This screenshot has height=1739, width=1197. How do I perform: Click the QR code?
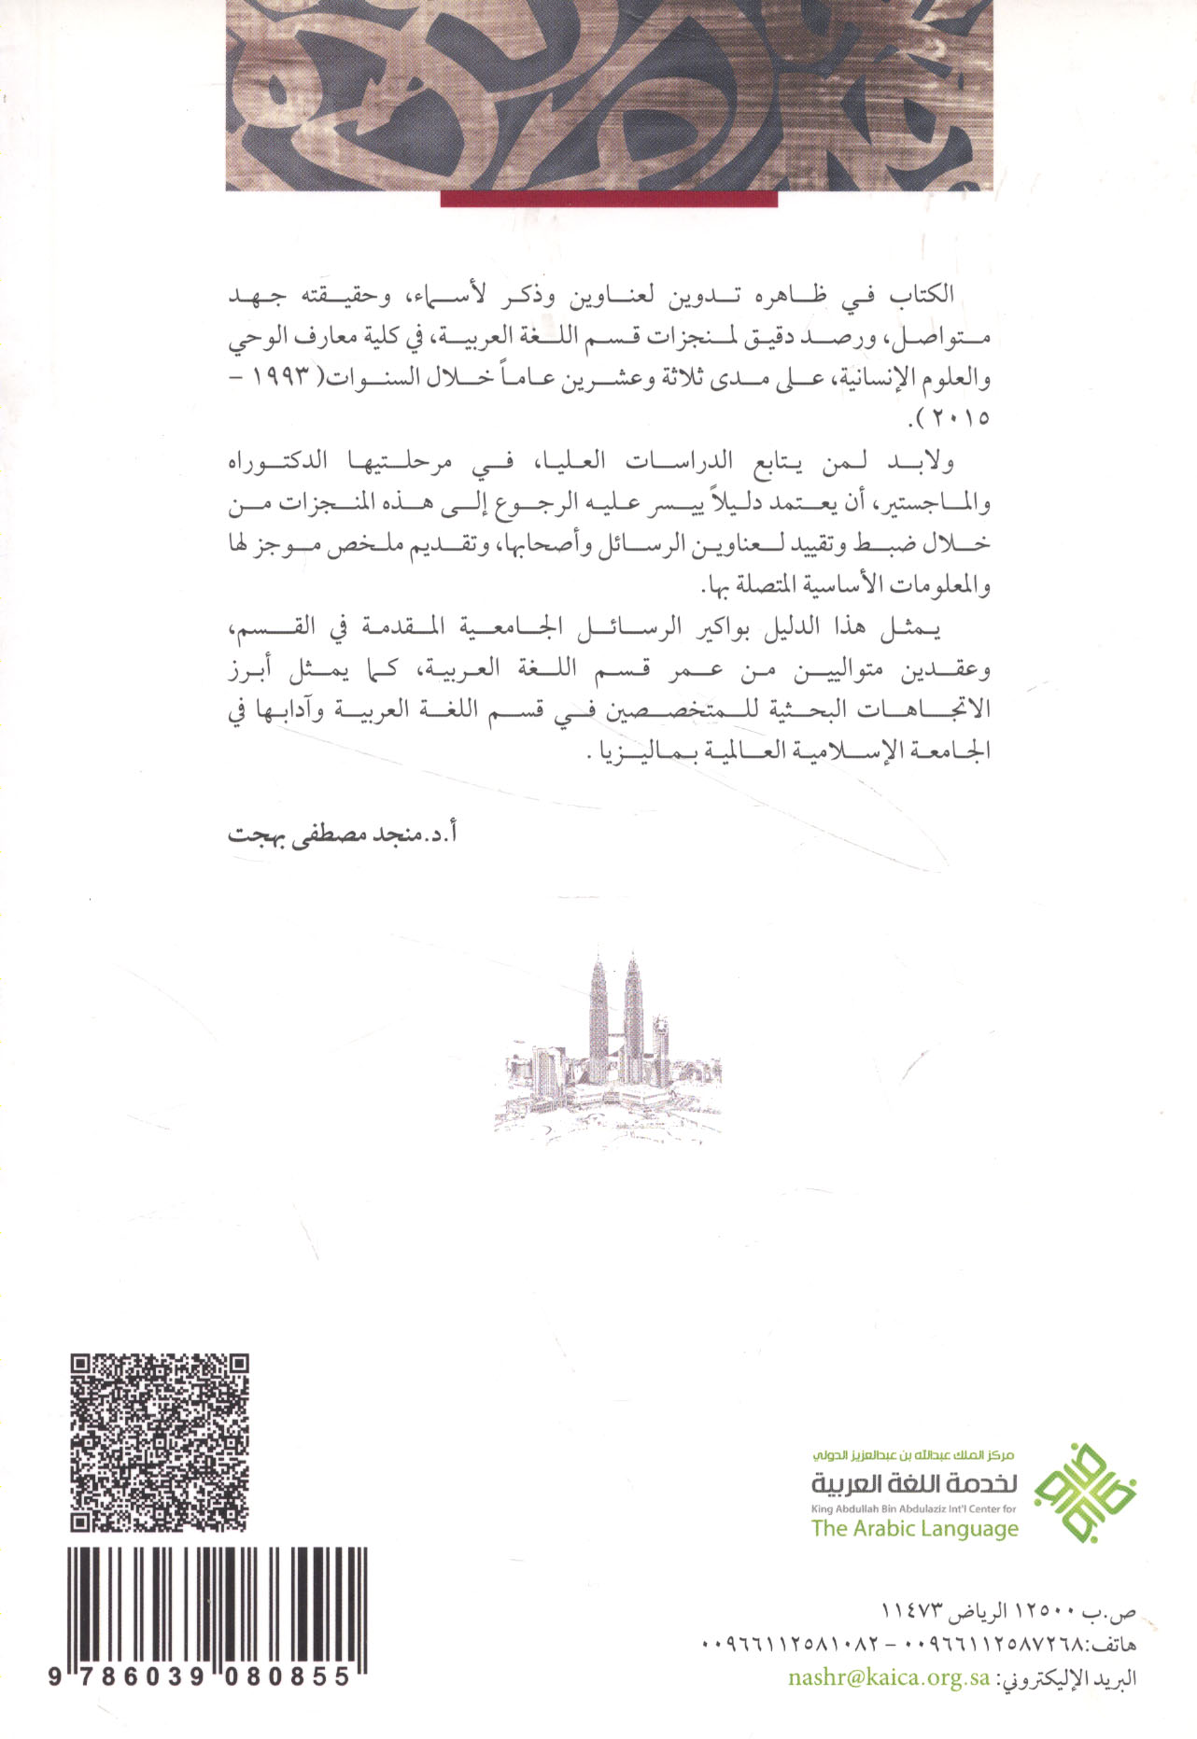[x=160, y=1441]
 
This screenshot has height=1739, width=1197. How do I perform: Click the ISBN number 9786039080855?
[x=200, y=1677]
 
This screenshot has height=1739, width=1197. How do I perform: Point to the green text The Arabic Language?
[x=914, y=1528]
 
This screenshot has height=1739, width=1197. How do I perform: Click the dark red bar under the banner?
[x=609, y=199]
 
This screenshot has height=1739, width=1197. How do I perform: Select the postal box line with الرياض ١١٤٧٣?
[x=1008, y=1612]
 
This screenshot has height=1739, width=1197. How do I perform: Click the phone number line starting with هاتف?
[x=919, y=1644]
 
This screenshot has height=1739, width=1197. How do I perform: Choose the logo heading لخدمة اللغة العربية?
[x=914, y=1483]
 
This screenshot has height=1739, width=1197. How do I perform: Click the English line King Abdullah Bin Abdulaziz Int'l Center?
[x=914, y=1508]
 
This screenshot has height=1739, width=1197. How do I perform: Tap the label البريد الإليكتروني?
[x=1069, y=1677]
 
